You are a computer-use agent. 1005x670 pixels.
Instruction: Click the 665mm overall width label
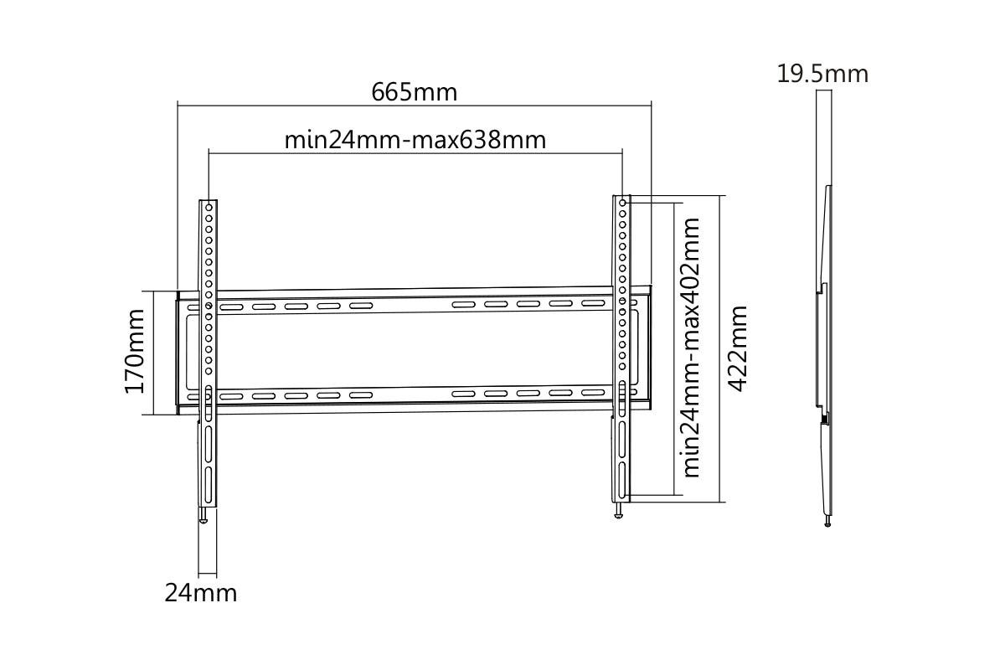tap(415, 91)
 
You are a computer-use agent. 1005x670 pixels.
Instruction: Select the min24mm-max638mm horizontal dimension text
tap(415, 139)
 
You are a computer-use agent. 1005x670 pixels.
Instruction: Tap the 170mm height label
tap(135, 351)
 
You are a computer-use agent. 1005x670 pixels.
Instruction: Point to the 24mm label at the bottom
tap(200, 593)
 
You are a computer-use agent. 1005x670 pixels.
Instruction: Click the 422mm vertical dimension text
tap(737, 348)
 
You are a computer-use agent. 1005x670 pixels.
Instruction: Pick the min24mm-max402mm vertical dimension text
tap(692, 348)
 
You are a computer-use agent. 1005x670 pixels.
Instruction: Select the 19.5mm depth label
tap(822, 74)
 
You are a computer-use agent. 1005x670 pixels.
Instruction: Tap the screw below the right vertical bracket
tap(619, 512)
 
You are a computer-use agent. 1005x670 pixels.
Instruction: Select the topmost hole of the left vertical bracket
tap(209, 207)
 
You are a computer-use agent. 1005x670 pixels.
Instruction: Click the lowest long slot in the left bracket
tap(208, 484)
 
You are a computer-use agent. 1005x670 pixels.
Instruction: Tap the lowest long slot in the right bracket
tap(622, 477)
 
